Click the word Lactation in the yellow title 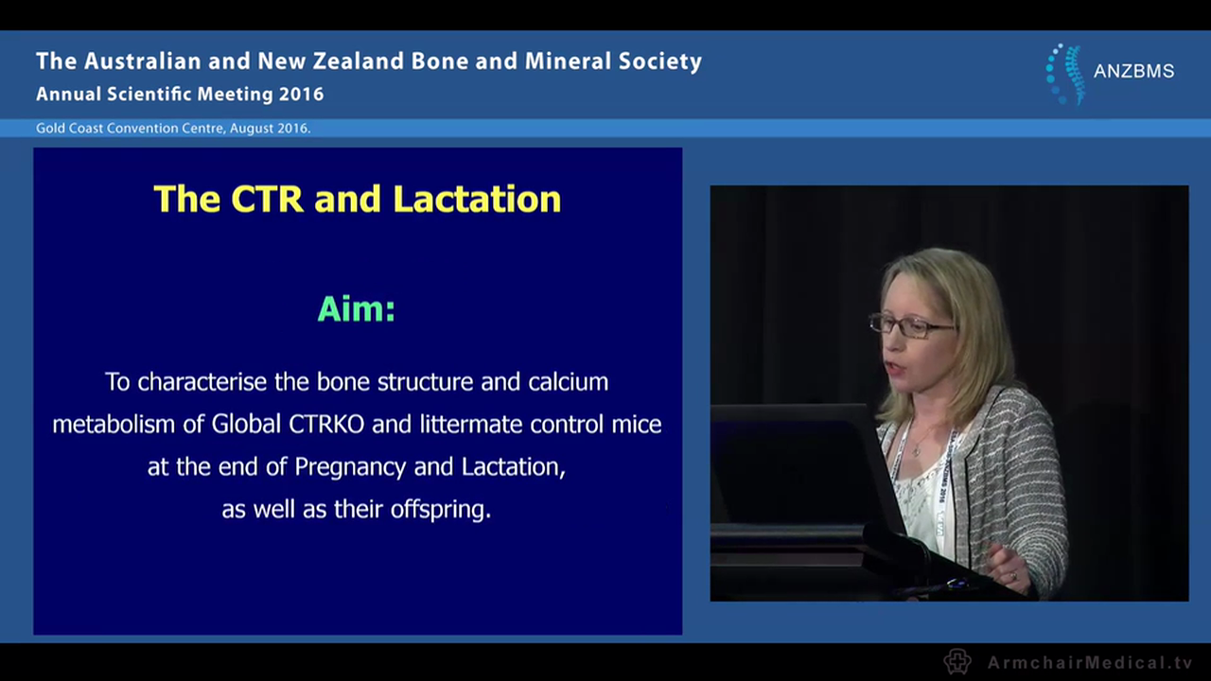coord(477,200)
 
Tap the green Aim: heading coord(356,309)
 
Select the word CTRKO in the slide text coord(323,424)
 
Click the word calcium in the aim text coord(569,381)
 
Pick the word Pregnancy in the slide coord(351,467)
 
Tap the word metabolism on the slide coord(114,424)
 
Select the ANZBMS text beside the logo coord(1133,72)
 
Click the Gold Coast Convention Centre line coord(173,128)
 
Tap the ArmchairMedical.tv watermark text coord(1090,662)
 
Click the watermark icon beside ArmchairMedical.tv coord(957,661)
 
